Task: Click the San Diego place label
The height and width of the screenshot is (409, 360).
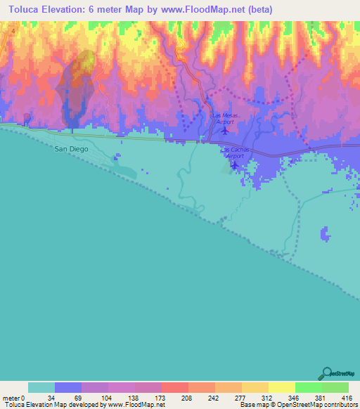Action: (72, 148)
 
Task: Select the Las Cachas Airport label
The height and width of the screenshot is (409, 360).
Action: (233, 153)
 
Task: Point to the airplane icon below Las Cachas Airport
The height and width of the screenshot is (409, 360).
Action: (234, 166)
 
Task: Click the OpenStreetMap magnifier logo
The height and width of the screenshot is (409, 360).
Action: (328, 374)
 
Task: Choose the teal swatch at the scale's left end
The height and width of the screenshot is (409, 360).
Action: (41, 387)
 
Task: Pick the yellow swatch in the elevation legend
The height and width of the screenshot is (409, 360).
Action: (282, 387)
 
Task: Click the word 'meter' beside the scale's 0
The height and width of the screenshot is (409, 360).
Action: (11, 398)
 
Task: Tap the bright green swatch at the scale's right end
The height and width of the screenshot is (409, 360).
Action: (335, 387)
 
